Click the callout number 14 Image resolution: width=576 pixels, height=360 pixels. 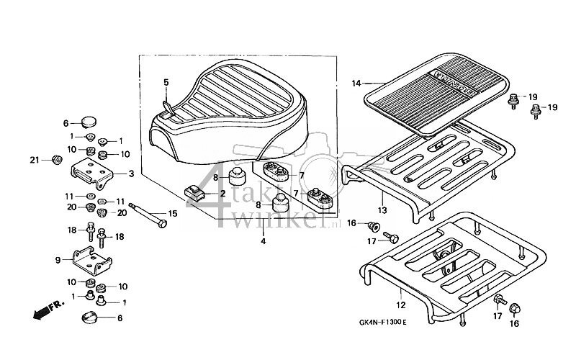355,84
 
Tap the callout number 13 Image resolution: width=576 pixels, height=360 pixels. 383,210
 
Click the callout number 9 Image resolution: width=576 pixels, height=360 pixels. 58,260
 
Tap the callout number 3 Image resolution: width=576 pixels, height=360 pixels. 131,174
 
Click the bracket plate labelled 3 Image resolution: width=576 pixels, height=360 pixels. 94,174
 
